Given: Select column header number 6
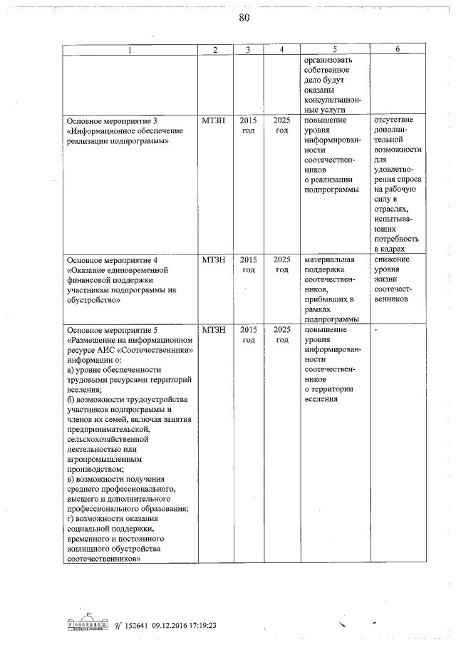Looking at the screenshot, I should [398, 49].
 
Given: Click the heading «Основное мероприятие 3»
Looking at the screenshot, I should [110, 120].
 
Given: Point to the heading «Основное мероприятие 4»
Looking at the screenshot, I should [110, 260].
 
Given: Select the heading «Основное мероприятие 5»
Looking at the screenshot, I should [110, 330].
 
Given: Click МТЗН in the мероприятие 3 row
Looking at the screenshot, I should [214, 120].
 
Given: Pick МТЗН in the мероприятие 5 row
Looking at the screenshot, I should [214, 330].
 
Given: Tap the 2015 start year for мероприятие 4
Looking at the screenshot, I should [248, 260].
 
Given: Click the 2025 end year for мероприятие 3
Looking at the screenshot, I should [281, 120].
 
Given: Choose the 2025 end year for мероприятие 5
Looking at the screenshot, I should [281, 330].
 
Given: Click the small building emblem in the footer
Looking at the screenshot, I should [85, 623].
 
